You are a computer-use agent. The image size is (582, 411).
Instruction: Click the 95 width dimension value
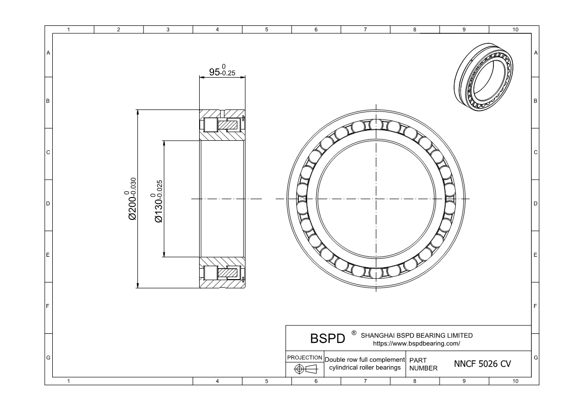[215, 72]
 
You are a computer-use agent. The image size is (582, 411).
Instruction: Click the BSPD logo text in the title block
[328, 338]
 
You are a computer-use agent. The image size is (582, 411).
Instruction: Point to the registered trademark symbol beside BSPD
[353, 333]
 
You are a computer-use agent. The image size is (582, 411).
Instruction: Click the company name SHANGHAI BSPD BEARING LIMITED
[416, 335]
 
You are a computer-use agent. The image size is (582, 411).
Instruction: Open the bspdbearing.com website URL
[416, 343]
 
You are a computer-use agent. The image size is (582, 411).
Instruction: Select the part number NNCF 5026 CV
[482, 364]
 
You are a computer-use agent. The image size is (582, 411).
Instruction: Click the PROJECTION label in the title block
[305, 358]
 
